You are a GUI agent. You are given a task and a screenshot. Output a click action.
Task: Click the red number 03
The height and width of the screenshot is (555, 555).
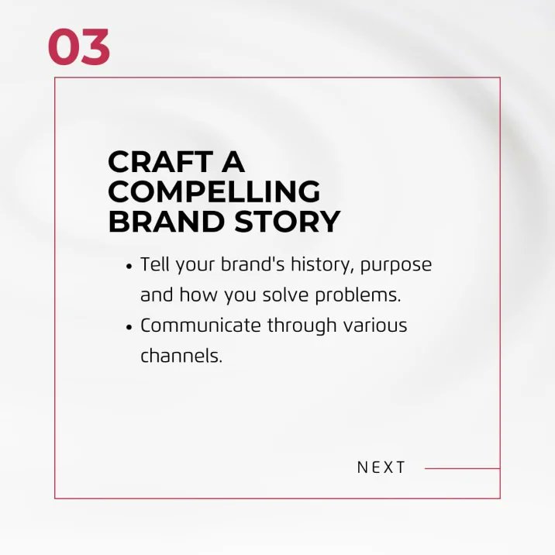click(78, 47)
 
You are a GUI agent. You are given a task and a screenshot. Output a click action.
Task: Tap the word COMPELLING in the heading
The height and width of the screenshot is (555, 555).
click(214, 192)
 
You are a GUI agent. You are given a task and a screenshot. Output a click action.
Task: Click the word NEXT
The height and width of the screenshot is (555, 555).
click(381, 467)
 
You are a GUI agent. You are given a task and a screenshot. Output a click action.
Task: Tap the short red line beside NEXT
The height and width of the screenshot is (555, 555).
click(462, 468)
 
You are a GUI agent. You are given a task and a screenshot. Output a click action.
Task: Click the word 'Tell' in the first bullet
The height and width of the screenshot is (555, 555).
click(155, 264)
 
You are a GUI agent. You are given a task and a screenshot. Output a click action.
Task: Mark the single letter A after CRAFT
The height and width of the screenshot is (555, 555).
click(233, 163)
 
